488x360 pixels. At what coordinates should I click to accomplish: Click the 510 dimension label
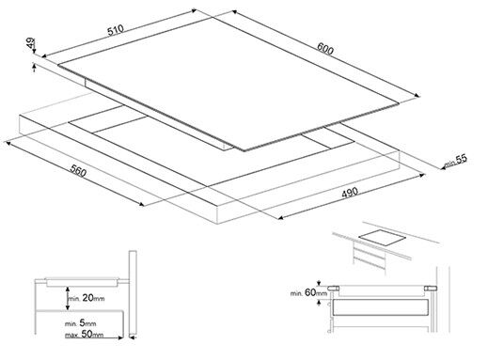pyautogui.click(x=116, y=30)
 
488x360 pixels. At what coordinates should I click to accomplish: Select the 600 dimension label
pyautogui.click(x=325, y=49)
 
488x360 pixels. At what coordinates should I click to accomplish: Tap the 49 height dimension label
pyautogui.click(x=31, y=42)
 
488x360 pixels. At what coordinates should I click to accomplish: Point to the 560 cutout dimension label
pyautogui.click(x=78, y=170)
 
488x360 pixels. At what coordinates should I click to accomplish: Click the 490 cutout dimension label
pyautogui.click(x=350, y=193)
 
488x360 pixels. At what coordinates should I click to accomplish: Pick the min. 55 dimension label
pyautogui.click(x=455, y=161)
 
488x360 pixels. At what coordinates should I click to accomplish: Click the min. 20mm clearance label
pyautogui.click(x=87, y=298)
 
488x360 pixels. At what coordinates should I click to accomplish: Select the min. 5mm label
pyautogui.click(x=81, y=323)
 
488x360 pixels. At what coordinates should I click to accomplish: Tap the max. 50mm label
pyautogui.click(x=84, y=334)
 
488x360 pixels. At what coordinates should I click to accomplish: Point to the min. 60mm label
pyautogui.click(x=308, y=292)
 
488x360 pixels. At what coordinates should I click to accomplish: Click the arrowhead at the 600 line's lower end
pyautogui.click(x=417, y=95)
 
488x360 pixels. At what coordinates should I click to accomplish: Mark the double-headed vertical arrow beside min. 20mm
pyautogui.click(x=67, y=298)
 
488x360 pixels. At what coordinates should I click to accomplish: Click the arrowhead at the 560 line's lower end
pyautogui.click(x=142, y=204)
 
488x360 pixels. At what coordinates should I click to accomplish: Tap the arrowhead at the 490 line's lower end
pyautogui.click(x=281, y=217)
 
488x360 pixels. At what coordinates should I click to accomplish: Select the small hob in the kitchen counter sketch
pyautogui.click(x=382, y=238)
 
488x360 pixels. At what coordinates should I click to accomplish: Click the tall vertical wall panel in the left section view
pyautogui.click(x=133, y=294)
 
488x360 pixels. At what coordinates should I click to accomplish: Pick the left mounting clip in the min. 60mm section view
pyautogui.click(x=333, y=289)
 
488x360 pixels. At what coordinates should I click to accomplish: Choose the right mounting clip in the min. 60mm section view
pyautogui.click(x=431, y=289)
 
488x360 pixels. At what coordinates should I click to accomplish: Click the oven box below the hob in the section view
pyautogui.click(x=380, y=307)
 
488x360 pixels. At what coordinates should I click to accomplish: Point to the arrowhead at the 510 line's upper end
pyautogui.click(x=193, y=10)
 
